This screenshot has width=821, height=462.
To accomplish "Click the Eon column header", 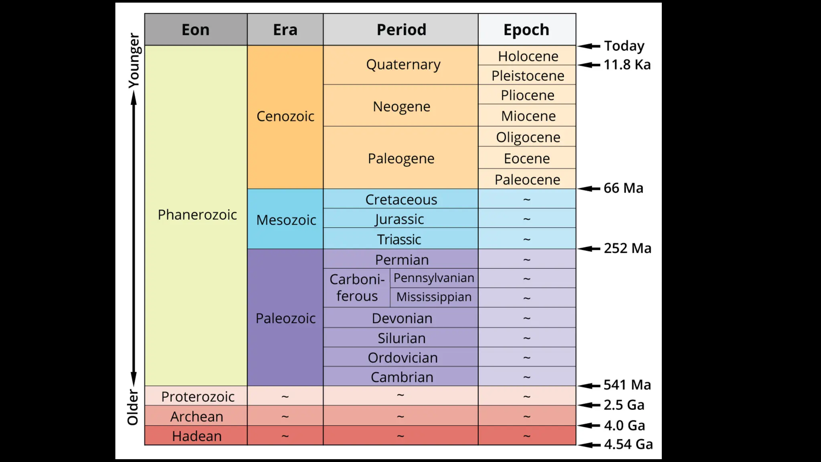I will (196, 30).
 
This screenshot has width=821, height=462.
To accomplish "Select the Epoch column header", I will (526, 30).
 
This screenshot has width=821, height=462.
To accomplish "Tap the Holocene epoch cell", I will (528, 56).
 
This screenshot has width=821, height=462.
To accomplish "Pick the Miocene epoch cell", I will (528, 116).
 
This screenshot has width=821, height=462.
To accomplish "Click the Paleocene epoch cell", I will (527, 180).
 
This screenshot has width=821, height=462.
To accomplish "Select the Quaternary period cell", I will (403, 65).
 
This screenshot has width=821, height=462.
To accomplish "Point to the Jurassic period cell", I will (400, 219).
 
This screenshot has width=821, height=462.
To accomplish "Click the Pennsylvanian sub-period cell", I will (434, 278).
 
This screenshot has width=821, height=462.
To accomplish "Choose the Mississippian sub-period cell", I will (434, 297).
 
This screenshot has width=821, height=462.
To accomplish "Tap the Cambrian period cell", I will (402, 377).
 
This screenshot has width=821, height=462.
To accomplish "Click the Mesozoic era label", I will (286, 220).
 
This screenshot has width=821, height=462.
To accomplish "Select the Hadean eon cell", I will (196, 436).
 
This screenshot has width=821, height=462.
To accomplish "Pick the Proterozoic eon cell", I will (197, 397).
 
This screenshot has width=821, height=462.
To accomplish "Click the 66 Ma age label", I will (623, 188).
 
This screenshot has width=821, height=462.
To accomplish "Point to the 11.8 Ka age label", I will (627, 65).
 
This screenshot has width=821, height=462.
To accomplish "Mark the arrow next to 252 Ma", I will (589, 249).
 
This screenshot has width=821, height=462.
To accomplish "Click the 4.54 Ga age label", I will (628, 444).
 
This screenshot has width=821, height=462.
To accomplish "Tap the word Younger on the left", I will (134, 60).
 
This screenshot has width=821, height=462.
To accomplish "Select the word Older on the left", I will (133, 407).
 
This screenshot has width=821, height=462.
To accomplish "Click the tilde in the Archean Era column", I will (285, 416).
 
